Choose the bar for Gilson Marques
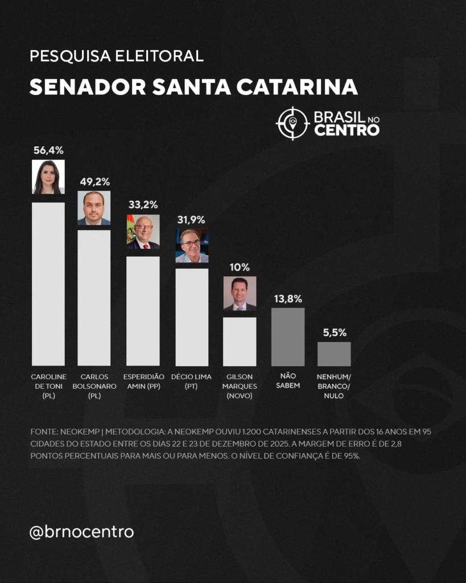point(240,341)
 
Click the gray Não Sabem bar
point(288,336)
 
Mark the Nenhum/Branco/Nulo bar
point(334,354)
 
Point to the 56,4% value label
point(48,150)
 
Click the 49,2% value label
point(94,182)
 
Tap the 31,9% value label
point(192,220)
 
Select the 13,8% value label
point(287,298)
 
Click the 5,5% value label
point(334,332)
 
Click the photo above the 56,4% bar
point(48,177)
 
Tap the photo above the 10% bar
point(240,293)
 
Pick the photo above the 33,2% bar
point(143,232)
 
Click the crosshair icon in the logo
point(292,123)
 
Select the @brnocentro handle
point(81,532)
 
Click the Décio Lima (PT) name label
point(192,381)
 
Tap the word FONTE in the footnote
point(44,432)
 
